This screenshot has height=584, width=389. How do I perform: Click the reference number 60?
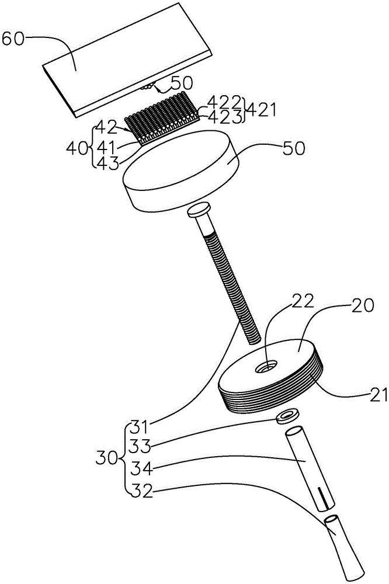coord(12,39)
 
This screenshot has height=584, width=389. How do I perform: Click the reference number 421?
coord(262,110)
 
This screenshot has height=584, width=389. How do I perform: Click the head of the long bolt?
coord(199,210)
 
